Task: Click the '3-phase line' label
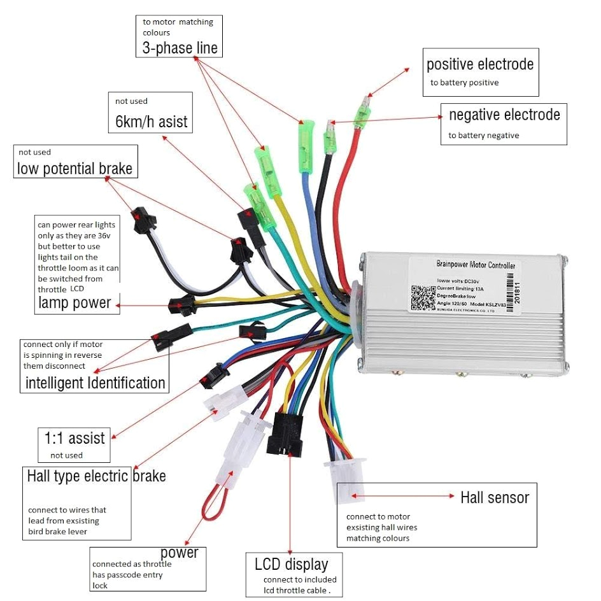coord(180,48)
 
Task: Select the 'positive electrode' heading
coord(480,64)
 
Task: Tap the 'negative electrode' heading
coord(504,115)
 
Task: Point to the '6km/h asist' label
coord(152,121)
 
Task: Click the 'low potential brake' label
coord(74,169)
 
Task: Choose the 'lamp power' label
coord(74,303)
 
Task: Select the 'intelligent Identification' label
coord(95,383)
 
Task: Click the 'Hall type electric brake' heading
coord(96,476)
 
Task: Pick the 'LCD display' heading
coord(291,564)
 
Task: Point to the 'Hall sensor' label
coord(495,497)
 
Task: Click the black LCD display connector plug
coord(289,434)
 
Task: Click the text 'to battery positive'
coord(464,83)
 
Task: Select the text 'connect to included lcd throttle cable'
coord(299,584)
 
